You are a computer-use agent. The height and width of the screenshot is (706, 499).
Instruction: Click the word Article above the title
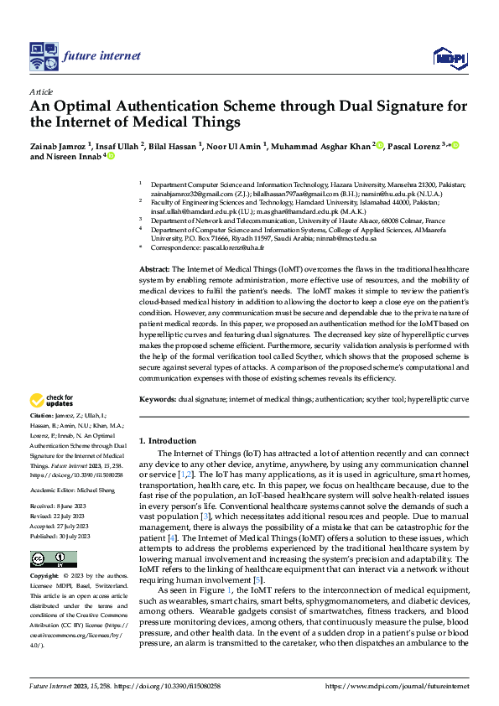41,91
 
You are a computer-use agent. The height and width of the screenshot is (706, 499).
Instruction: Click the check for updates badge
52,401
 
